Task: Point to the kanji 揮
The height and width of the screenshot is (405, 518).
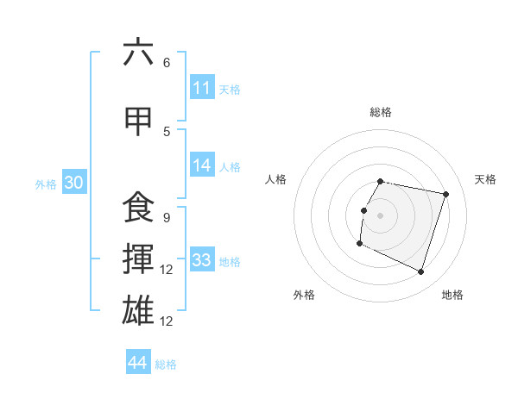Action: pos(138,259)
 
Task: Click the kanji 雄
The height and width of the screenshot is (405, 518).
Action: pos(138,310)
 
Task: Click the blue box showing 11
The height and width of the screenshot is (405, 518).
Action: pos(201,88)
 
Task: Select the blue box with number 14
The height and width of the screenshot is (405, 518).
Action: pos(201,166)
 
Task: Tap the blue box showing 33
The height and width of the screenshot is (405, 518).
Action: pos(201,260)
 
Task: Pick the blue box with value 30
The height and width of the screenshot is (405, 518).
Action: pos(73,184)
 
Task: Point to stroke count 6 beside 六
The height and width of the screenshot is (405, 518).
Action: pos(167,63)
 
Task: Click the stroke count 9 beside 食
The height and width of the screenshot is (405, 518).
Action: pos(166,217)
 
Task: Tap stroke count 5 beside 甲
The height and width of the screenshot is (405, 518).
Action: pos(167,131)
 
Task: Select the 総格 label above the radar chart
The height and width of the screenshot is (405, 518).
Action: pos(381,112)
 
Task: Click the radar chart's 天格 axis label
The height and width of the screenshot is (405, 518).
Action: pos(485,179)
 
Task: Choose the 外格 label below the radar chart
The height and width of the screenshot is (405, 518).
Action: pos(304,295)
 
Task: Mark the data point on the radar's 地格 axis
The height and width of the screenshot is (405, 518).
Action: pos(421,272)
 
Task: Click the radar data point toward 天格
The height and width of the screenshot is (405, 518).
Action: pos(446,194)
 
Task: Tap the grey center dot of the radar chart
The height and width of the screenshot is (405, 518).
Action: pos(380,215)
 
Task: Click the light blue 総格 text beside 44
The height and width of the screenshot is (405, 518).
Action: pos(166,364)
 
